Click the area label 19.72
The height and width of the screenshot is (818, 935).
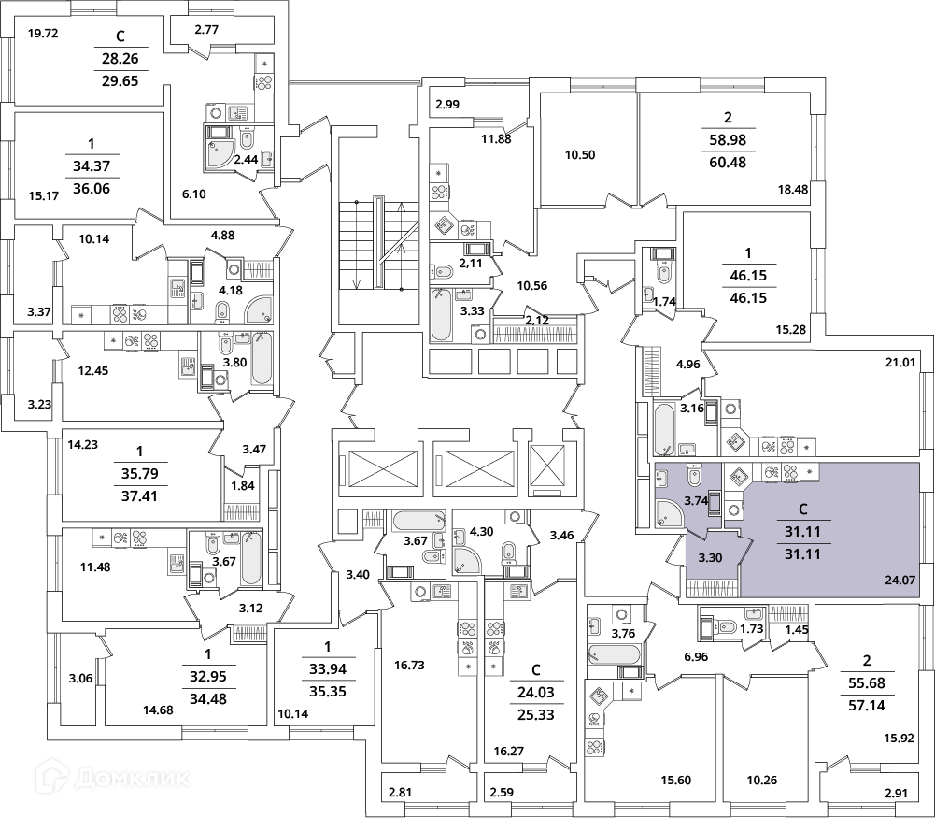coord(43,34)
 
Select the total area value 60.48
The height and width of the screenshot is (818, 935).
coord(728,163)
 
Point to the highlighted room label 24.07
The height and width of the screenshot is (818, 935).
coord(900,579)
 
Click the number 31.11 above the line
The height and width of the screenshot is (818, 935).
coord(802,532)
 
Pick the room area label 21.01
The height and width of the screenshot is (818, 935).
coord(900,362)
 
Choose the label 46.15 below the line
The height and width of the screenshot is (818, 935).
coord(748,297)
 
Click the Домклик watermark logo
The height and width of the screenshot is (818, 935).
coord(113,779)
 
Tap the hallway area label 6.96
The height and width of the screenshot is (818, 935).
coord(696,657)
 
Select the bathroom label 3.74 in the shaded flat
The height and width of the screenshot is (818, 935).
coord(695,501)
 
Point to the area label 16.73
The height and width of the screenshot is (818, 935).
coord(409,665)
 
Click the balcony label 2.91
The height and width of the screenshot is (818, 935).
coord(897,794)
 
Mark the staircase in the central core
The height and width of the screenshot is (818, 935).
coord(378,244)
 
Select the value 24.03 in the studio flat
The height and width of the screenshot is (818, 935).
coord(535,692)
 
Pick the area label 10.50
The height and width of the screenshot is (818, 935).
coord(580,155)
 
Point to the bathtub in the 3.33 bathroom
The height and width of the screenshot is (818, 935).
coord(440,314)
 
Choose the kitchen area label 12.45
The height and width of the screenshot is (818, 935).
coord(93,370)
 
